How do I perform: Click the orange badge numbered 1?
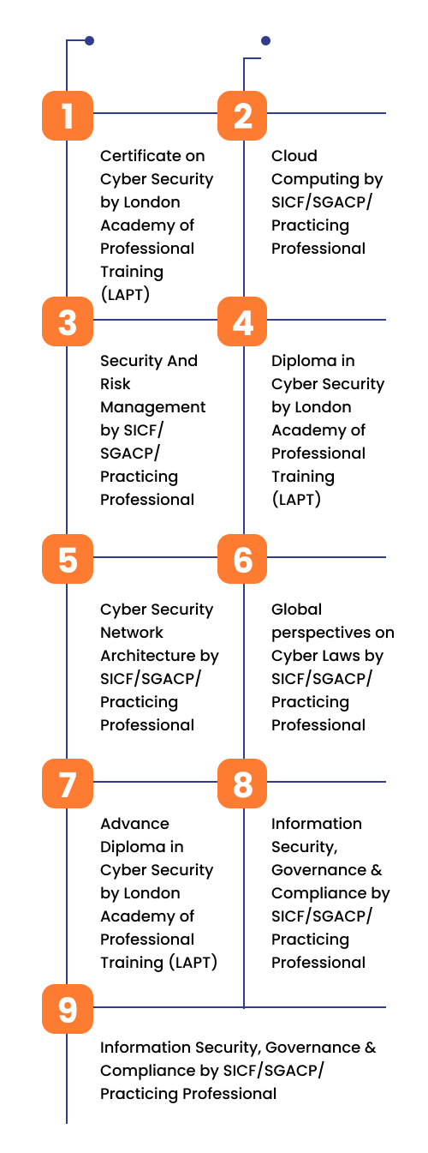[68, 116]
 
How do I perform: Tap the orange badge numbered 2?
[242, 116]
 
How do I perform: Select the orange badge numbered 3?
[68, 321]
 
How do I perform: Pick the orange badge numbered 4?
[242, 321]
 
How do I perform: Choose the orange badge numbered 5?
[68, 559]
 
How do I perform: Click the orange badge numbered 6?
[242, 559]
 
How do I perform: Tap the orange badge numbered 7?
[68, 784]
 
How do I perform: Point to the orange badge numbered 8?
[242, 784]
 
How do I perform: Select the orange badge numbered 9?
[68, 1009]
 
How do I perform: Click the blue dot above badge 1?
[89, 40]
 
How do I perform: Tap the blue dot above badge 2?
[265, 40]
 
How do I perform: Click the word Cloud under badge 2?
[294, 156]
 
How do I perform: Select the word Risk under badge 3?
[115, 384]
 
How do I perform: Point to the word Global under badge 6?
[296, 610]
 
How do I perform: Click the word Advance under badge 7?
[134, 824]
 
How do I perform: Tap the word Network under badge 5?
[132, 633]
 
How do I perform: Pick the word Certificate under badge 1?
[135, 156]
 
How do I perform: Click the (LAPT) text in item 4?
[296, 499]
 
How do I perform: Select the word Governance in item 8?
[319, 870]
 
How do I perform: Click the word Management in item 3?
[153, 408]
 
